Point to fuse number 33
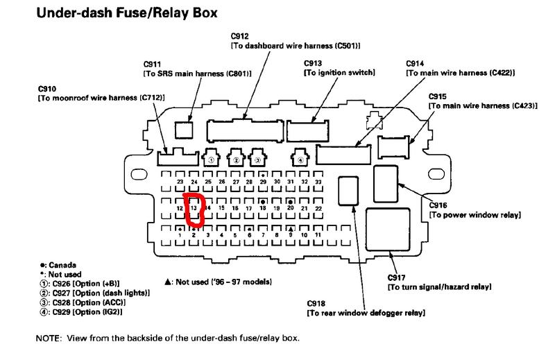tap(318, 182)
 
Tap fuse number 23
tap(180, 182)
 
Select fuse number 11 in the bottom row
tap(318, 235)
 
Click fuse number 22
tap(318, 208)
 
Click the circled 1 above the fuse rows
tap(210, 160)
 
